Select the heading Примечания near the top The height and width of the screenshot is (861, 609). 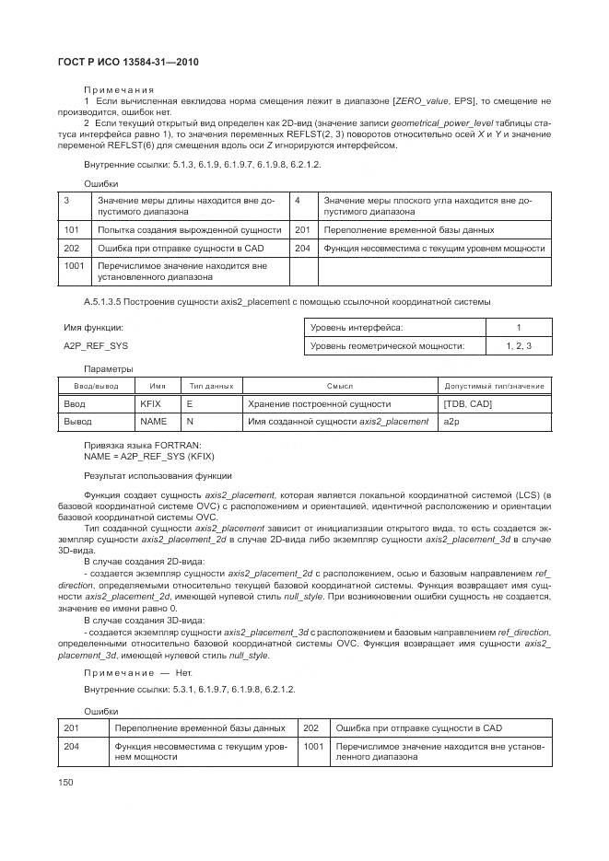pyautogui.click(x=113, y=88)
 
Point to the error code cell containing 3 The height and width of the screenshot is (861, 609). pyautogui.click(x=67, y=200)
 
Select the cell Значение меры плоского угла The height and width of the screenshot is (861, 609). pyautogui.click(x=426, y=205)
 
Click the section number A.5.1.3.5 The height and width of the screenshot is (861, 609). pyautogui.click(x=109, y=302)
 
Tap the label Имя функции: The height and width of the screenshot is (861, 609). pyautogui.click(x=93, y=328)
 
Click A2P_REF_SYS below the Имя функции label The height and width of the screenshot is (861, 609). pyautogui.click(x=96, y=346)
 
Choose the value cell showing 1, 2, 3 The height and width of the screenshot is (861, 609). pyautogui.click(x=519, y=346)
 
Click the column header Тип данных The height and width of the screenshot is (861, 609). pyautogui.click(x=211, y=387)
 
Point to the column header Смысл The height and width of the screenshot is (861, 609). pyautogui.click(x=340, y=387)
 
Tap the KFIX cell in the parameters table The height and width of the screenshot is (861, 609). pyautogui.click(x=150, y=404)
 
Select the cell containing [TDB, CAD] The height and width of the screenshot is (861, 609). pyautogui.click(x=468, y=404)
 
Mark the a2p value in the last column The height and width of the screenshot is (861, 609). pyautogui.click(x=451, y=422)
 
